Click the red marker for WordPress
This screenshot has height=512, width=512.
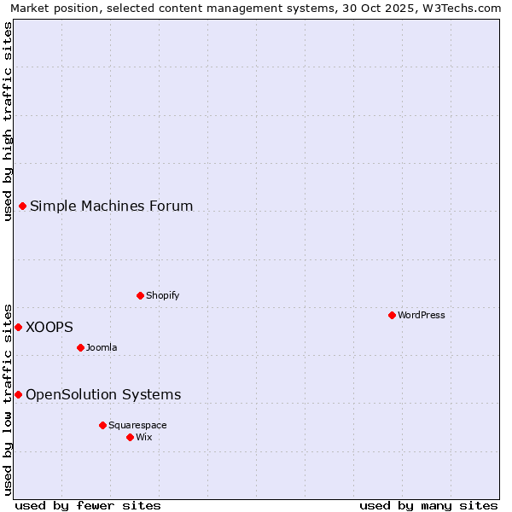pos(392,315)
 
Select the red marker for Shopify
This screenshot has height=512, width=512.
pos(140,295)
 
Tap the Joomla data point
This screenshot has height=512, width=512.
pos(80,347)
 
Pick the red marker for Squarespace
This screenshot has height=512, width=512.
pos(102,425)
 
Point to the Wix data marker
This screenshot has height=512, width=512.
pos(130,437)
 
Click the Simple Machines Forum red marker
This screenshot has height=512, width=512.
pos(22,206)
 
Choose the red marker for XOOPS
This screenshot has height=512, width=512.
pos(18,327)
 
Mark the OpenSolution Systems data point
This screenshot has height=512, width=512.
pos(18,394)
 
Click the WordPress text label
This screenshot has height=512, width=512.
pos(422,315)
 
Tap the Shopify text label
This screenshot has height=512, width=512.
pos(162,295)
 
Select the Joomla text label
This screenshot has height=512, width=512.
pos(102,347)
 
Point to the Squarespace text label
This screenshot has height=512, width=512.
pos(137,425)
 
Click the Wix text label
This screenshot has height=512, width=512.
pos(144,437)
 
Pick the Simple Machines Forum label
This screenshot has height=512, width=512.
pos(111,206)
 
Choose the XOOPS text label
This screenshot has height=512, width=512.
pos(49,327)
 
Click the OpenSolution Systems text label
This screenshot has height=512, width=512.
pos(103,394)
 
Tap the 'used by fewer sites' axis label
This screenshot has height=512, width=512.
pos(88,505)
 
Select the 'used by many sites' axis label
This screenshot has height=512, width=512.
pos(428,505)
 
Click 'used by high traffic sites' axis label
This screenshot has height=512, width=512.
pos(9,121)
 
